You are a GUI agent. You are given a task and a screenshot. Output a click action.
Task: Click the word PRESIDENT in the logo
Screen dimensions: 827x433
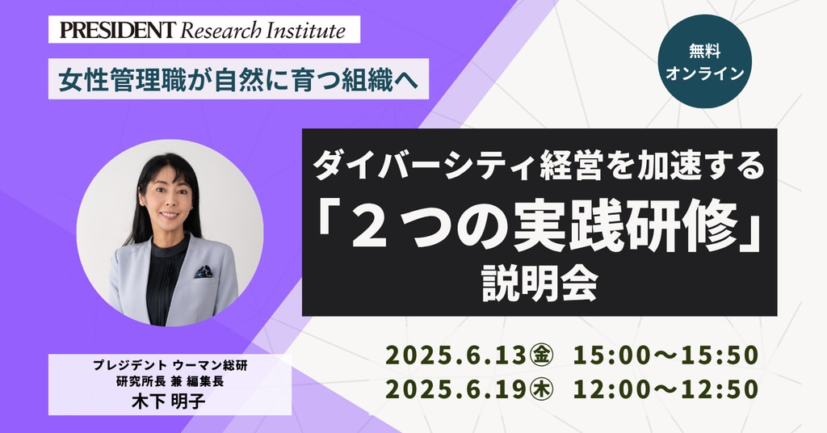pos(117,30)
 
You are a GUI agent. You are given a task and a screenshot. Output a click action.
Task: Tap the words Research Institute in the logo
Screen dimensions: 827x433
pos(262,30)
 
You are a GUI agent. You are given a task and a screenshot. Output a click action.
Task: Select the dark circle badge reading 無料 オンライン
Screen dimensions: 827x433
pos(704,61)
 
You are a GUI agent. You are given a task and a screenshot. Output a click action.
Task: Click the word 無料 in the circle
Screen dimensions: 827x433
pos(704,51)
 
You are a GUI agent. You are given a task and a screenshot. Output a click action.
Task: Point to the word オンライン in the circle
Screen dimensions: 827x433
pos(704,74)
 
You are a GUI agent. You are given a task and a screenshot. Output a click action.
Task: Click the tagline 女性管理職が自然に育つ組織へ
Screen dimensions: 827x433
pos(238,80)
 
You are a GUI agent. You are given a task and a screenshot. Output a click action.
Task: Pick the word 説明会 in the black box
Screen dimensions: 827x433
pos(539,285)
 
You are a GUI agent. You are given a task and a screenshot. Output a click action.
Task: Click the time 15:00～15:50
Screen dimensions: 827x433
pos(665,355)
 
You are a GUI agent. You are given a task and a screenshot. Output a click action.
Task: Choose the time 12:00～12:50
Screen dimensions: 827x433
pos(665,389)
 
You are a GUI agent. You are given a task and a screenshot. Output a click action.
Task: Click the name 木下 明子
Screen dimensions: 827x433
pos(169,401)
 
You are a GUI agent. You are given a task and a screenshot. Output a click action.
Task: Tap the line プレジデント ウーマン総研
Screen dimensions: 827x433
pos(170,365)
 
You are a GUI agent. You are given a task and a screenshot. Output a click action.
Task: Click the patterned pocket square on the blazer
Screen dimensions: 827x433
pos(204,272)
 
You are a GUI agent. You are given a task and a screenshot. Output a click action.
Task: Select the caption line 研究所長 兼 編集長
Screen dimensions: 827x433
pos(170,381)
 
